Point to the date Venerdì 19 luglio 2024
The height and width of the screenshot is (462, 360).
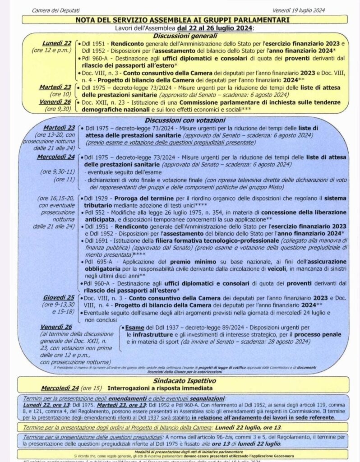click(299, 10)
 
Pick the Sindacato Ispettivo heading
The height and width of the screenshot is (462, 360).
click(180, 381)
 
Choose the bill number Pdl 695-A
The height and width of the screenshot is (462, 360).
click(98, 262)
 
